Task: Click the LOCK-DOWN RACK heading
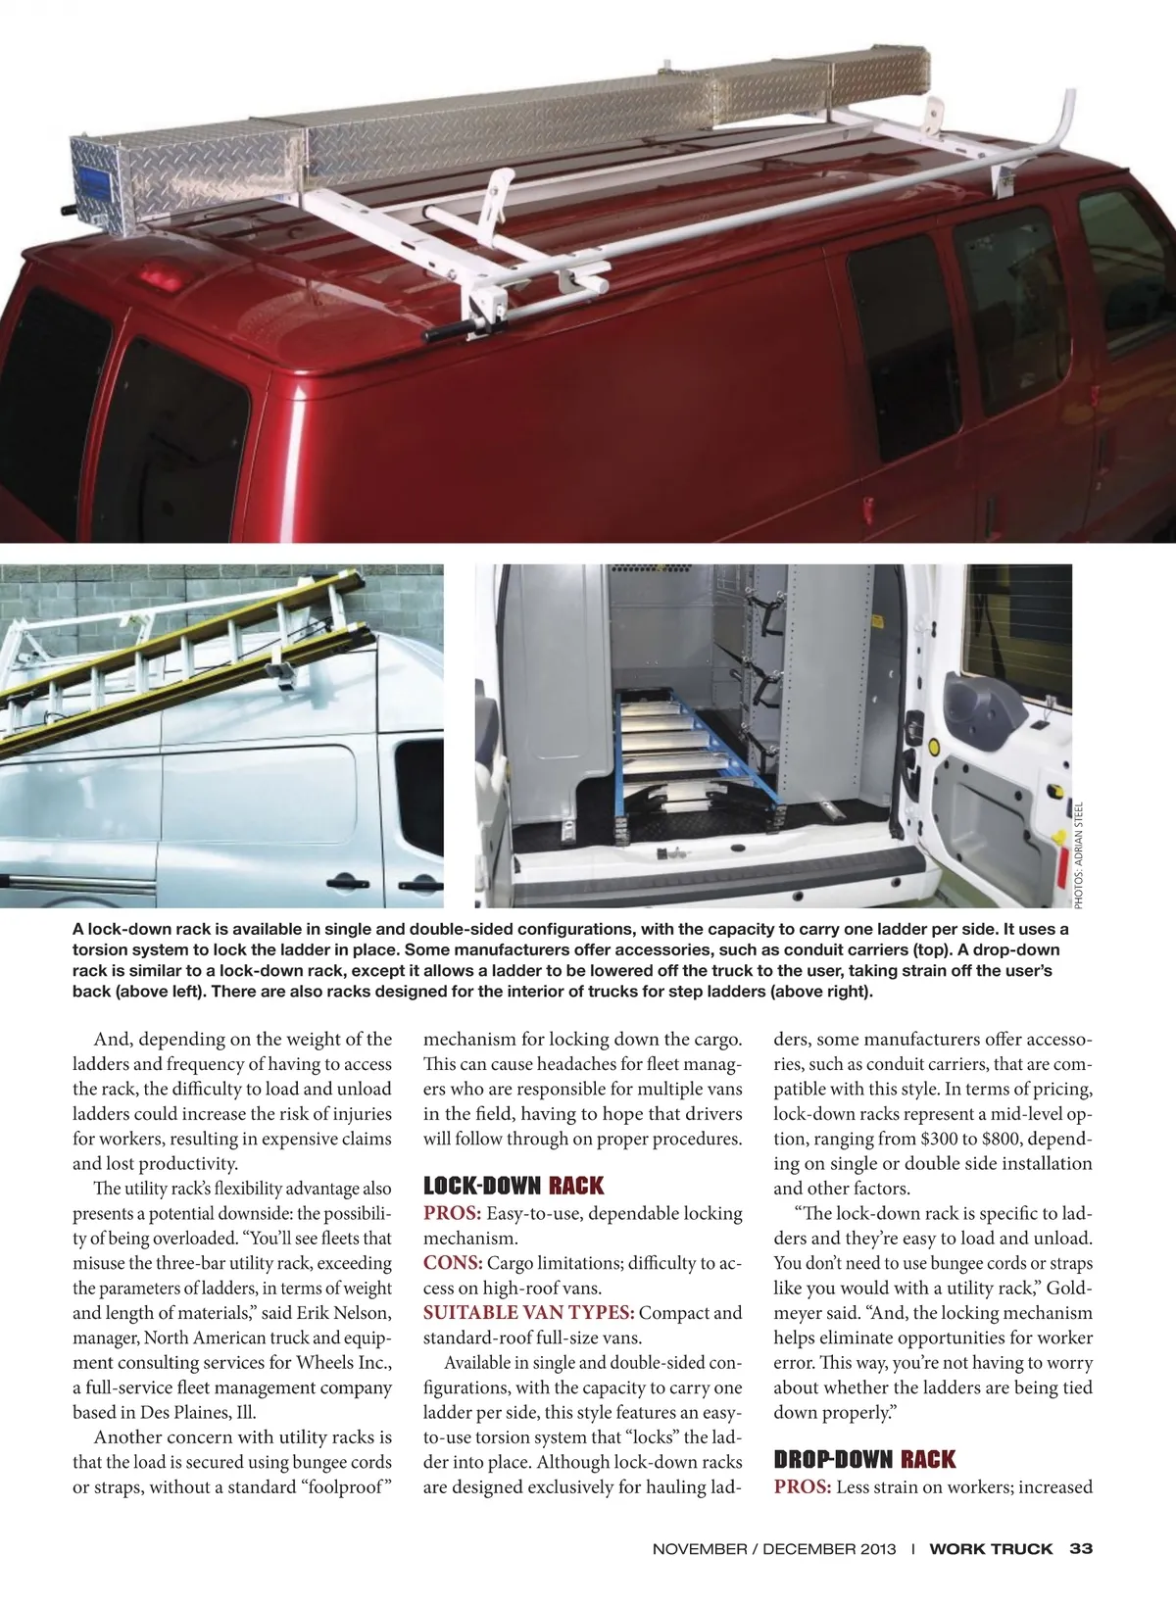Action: pos(514,1187)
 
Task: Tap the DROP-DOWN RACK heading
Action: pos(864,1460)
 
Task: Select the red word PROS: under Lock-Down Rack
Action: pos(452,1213)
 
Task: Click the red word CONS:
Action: pos(453,1263)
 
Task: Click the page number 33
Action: pos(1081,1549)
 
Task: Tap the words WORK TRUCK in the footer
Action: pos(991,1549)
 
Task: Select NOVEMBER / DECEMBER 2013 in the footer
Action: pos(774,1549)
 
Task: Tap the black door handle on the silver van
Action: pos(342,881)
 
